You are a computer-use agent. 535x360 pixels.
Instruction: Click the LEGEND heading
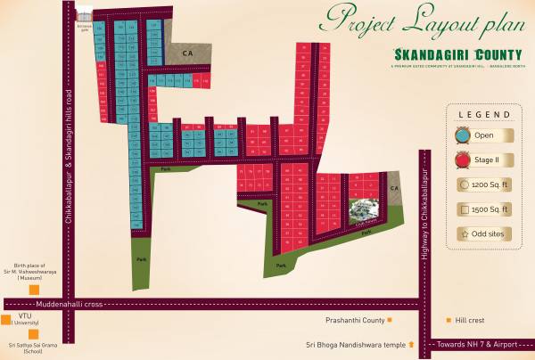tap(483, 115)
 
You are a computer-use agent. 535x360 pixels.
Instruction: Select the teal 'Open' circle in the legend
tap(464, 135)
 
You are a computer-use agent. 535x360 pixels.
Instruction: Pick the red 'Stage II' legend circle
tap(464, 160)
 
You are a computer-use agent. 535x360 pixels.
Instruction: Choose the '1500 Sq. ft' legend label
tap(491, 209)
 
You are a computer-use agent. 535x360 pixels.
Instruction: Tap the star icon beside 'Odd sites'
tap(465, 234)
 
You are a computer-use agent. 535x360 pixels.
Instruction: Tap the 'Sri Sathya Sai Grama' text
tap(31, 344)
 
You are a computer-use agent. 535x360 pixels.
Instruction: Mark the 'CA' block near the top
tap(188, 54)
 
